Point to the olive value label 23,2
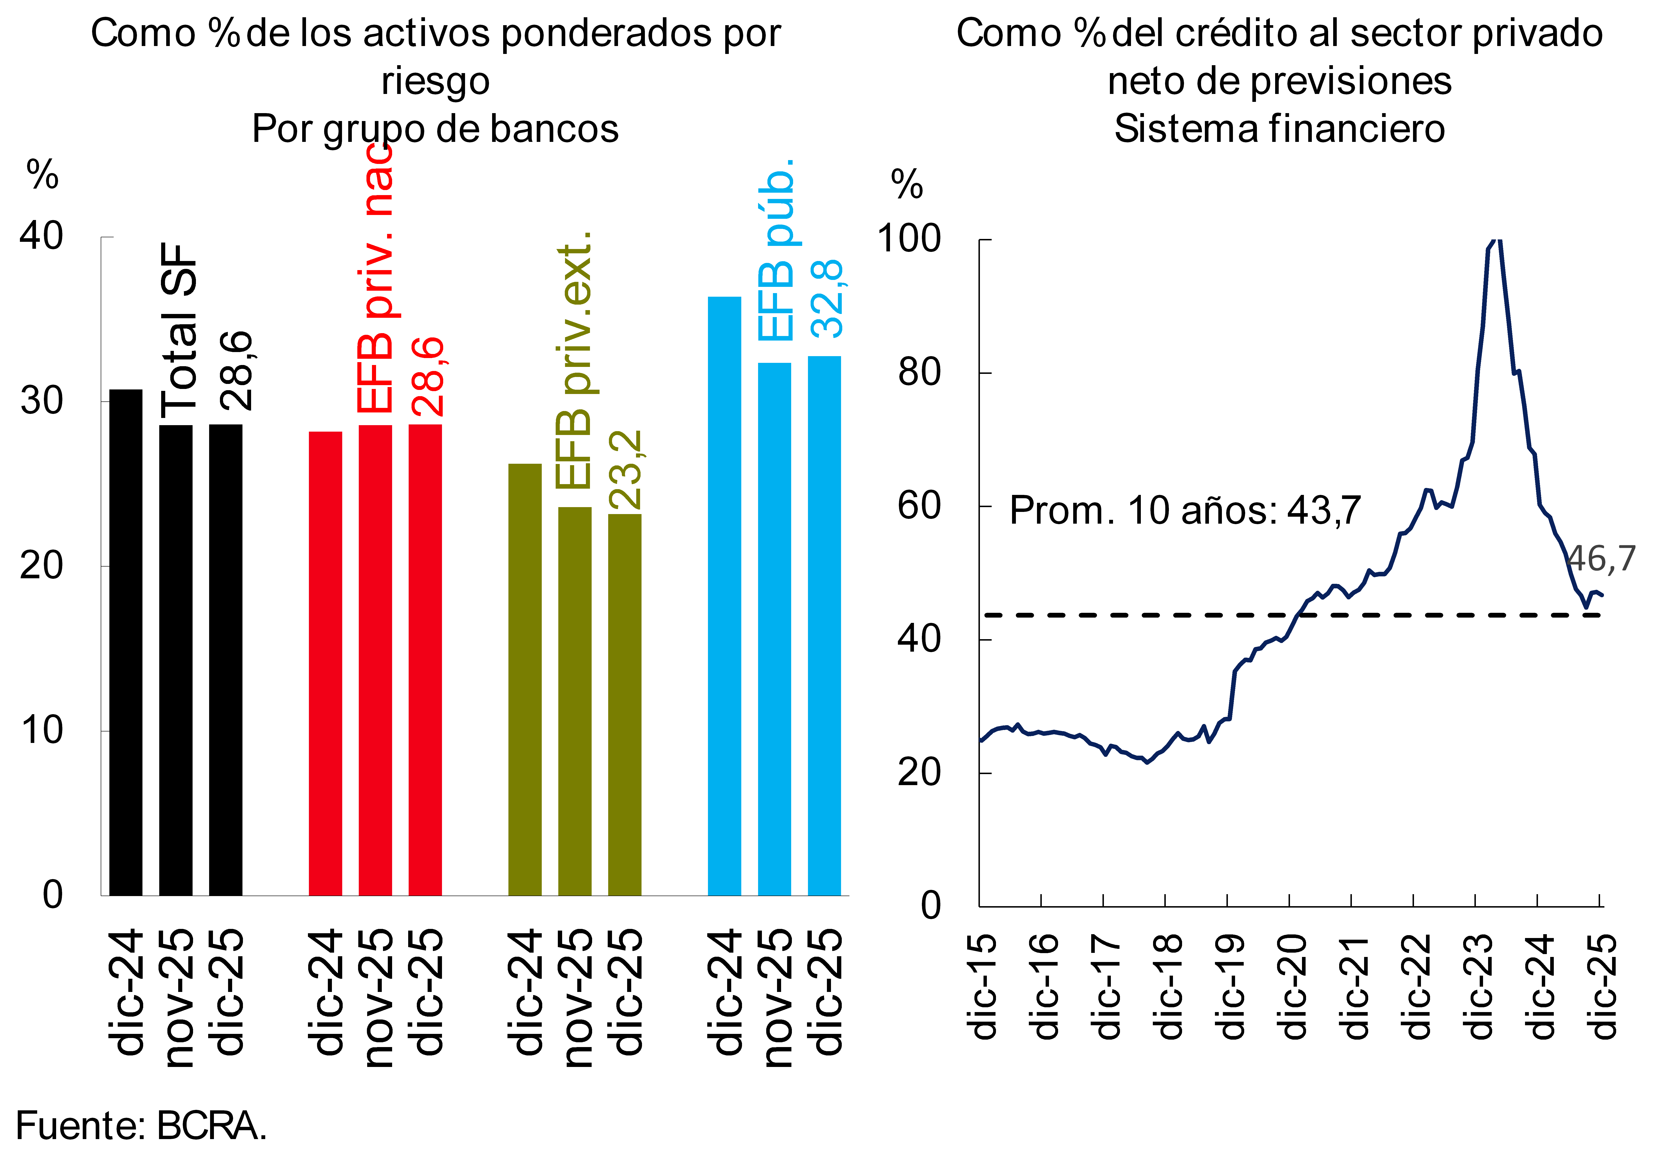coord(626,470)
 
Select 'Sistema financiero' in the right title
coord(1279,129)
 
